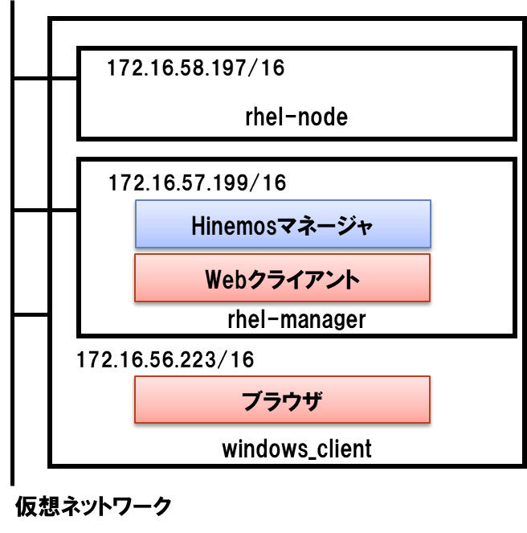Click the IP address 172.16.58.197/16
[x=195, y=68]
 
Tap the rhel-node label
[x=296, y=117]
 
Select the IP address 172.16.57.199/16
[x=197, y=183]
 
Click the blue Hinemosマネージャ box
[x=283, y=224]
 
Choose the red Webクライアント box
[x=283, y=278]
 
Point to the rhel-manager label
[x=296, y=320]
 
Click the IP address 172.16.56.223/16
[x=165, y=359]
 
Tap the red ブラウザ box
[x=283, y=400]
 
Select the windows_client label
[x=296, y=449]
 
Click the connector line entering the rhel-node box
[x=64, y=79]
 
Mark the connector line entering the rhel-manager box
[x=64, y=211]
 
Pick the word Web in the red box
[x=223, y=280]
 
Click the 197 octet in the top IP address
[x=227, y=68]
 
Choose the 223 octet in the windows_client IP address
[x=197, y=359]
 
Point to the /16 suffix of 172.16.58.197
[x=267, y=68]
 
